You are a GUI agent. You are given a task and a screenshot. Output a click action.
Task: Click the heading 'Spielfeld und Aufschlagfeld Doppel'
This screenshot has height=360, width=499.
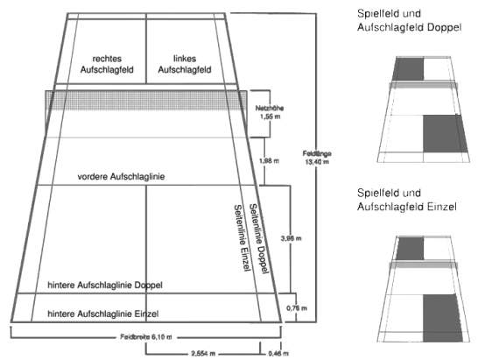408,22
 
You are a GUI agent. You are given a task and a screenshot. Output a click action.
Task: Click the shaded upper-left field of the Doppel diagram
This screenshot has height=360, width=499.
409,68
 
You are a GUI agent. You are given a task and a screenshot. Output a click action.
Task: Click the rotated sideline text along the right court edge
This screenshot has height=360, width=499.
249,232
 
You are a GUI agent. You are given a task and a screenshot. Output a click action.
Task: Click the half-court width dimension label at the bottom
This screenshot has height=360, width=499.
200,352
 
